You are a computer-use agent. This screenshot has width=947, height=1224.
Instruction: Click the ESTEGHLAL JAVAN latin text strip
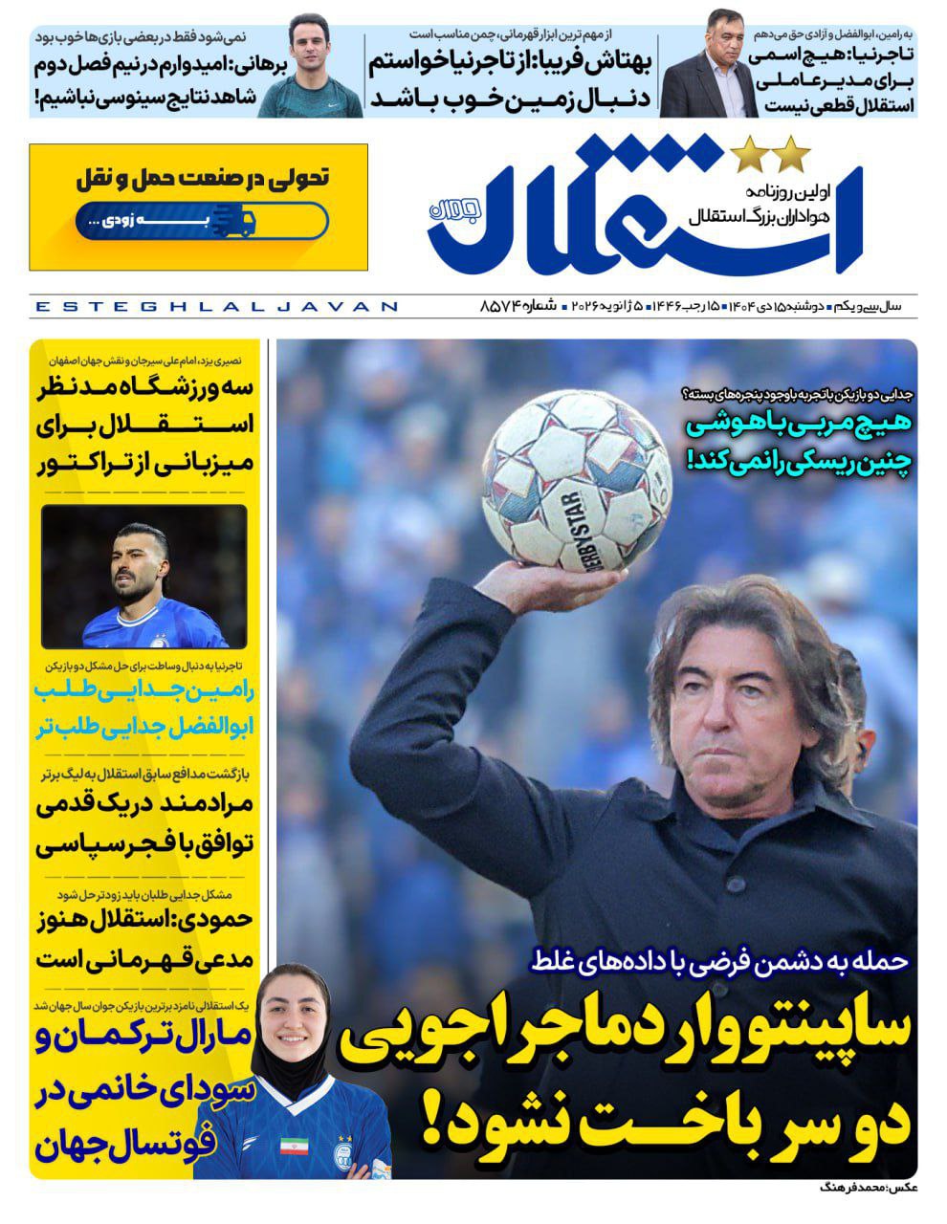[215, 307]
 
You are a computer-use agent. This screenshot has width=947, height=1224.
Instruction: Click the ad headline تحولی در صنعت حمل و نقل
[202, 178]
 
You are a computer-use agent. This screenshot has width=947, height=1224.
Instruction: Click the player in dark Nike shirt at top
[311, 67]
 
